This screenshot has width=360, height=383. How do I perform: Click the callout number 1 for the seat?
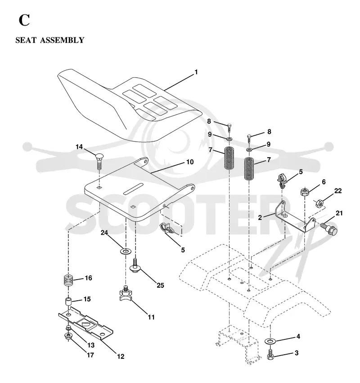[x=196, y=72]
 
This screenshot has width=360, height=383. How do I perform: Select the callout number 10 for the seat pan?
[x=190, y=162]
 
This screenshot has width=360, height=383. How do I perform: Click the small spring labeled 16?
[x=68, y=280]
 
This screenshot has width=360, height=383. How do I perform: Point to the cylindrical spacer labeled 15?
[x=68, y=302]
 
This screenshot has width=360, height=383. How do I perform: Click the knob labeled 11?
[x=126, y=293]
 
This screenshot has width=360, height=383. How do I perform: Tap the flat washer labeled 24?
[x=126, y=251]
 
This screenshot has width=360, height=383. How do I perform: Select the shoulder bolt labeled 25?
[x=135, y=266]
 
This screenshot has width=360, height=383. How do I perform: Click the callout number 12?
[x=121, y=356]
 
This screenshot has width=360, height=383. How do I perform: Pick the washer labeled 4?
[x=270, y=340]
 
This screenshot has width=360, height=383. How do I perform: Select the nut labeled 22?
[x=319, y=203]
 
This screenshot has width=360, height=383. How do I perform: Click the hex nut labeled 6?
[x=305, y=191]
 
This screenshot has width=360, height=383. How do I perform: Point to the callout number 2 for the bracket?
[x=260, y=218]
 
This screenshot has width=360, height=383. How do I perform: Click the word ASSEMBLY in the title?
[x=62, y=40]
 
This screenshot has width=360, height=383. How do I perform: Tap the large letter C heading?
[x=24, y=20]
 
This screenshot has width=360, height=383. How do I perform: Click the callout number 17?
[x=90, y=355]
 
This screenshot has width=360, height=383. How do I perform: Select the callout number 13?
[x=91, y=345]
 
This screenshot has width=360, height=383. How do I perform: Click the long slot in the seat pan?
[x=133, y=188]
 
